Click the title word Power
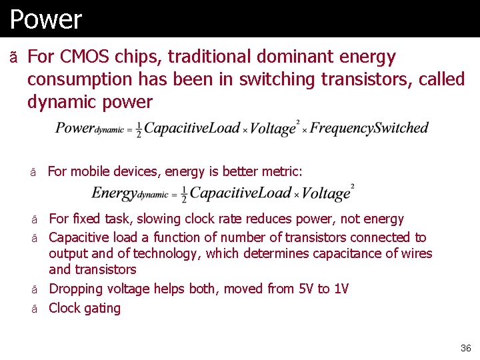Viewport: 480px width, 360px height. tap(45, 19)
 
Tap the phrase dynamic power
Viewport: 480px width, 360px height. tap(89, 102)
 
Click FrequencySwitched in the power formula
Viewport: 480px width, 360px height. tap(369, 128)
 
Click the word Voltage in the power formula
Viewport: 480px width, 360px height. tap(273, 129)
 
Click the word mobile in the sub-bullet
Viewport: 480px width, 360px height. tap(92, 172)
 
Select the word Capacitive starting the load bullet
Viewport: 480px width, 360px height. tap(79, 237)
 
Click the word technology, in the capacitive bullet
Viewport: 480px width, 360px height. tap(167, 253)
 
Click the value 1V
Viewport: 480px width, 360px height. tap(341, 289)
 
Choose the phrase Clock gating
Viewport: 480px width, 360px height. tap(85, 308)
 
